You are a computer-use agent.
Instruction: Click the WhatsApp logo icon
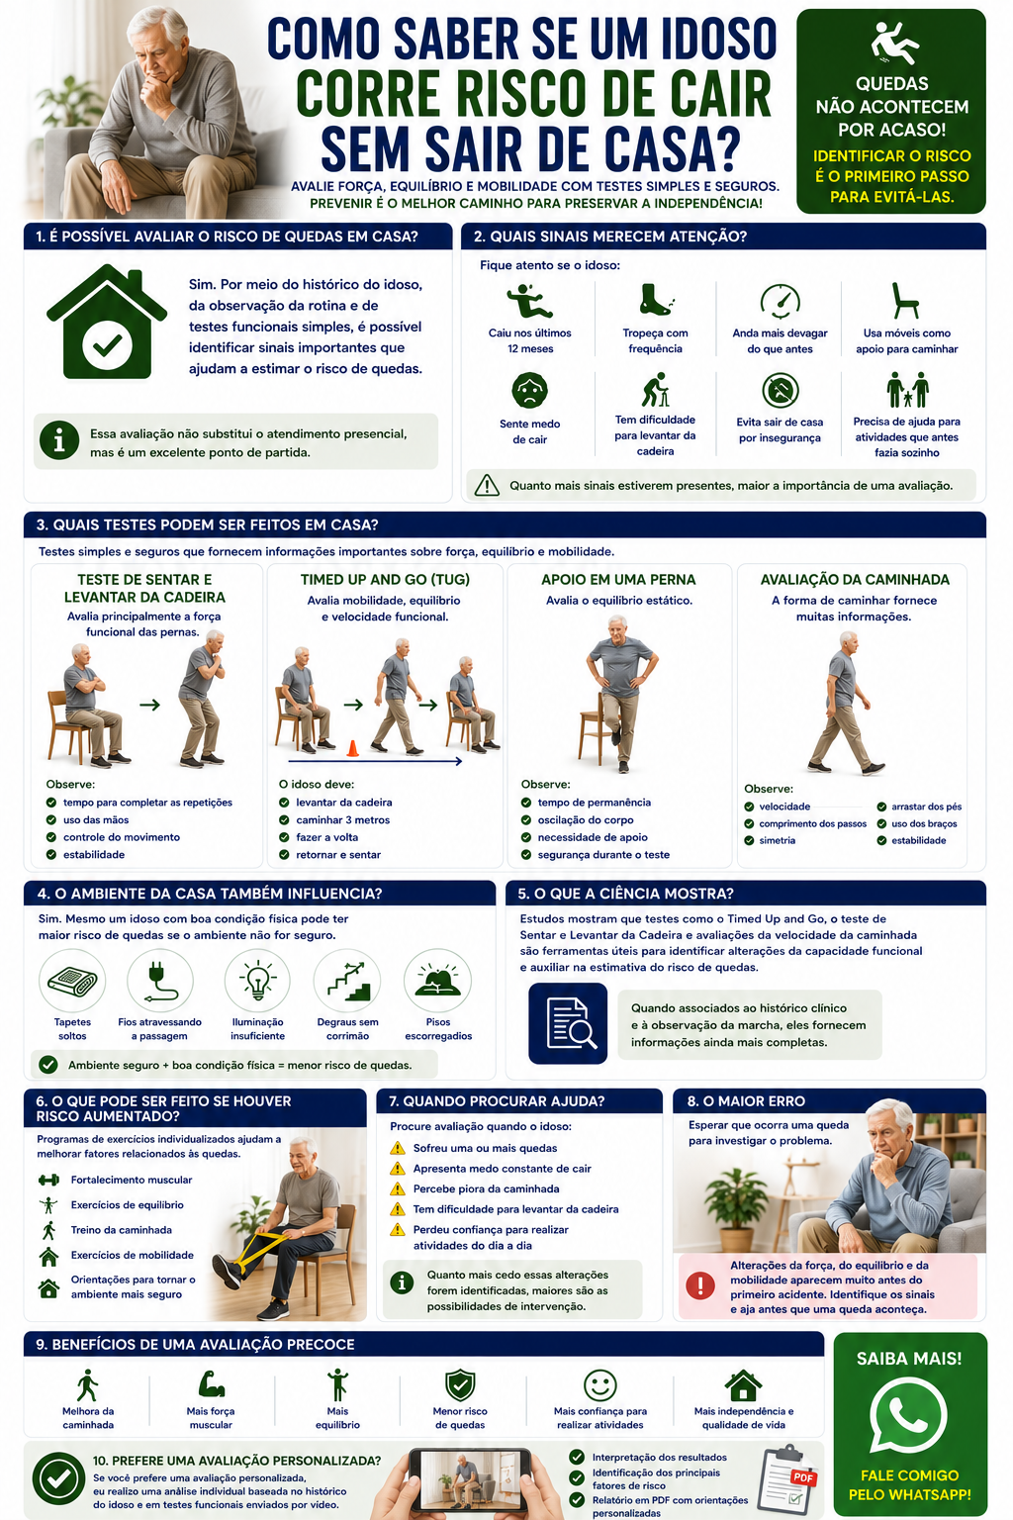pos(908,1415)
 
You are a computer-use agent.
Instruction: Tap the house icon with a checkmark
pos(107,322)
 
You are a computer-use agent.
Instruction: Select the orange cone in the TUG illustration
pos(352,748)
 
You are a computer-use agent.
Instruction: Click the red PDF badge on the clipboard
pos(803,1476)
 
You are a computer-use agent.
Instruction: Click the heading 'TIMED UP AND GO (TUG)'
pos(385,580)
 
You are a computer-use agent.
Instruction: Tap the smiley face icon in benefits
pos(599,1385)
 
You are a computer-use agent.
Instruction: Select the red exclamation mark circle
pos(700,1285)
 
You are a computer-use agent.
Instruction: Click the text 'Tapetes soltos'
pos(72,1029)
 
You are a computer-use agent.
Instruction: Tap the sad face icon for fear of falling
pos(529,390)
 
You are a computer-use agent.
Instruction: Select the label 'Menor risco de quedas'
pos(460,1417)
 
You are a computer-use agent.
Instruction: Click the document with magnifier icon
pos(568,1023)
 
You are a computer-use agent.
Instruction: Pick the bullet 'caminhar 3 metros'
pos(342,819)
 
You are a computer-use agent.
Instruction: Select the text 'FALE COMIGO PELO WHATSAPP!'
pos(909,1484)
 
